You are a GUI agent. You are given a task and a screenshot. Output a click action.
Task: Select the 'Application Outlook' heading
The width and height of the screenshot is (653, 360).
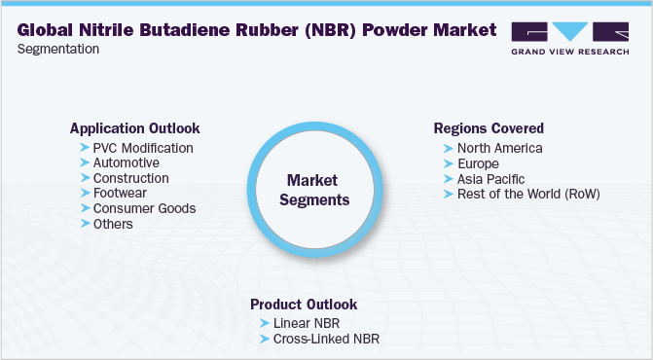pos(134,128)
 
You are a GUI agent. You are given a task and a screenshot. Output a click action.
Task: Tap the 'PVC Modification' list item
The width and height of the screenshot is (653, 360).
pos(143,148)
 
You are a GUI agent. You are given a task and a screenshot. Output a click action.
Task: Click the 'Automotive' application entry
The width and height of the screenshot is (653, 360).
pos(127,163)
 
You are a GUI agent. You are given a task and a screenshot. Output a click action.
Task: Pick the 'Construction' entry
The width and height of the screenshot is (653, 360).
pos(130,178)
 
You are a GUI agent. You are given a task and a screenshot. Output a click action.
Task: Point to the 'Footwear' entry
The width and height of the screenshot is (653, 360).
pos(122,194)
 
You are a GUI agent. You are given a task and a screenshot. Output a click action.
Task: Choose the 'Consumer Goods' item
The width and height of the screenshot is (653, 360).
pos(144,208)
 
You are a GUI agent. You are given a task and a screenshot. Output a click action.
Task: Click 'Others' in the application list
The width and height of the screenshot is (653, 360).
pos(113,224)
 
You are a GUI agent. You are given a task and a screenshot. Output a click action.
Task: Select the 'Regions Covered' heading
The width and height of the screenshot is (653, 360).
pos(488,128)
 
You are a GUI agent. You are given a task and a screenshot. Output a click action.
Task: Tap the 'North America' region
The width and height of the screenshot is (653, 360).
pos(499,148)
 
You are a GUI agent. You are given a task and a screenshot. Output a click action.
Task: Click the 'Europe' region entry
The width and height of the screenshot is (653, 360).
pos(478,163)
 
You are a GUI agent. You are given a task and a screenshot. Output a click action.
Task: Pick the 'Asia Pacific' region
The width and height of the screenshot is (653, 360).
pos(490,179)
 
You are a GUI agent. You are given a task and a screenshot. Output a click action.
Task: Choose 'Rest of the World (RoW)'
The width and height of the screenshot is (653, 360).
pos(528,194)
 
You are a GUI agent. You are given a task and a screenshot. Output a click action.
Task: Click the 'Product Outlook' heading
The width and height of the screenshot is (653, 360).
pos(304,304)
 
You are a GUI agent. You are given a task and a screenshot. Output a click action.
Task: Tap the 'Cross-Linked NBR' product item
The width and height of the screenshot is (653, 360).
pos(326,339)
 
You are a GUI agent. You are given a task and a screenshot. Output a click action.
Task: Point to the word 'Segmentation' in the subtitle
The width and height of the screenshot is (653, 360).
pos(57,48)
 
